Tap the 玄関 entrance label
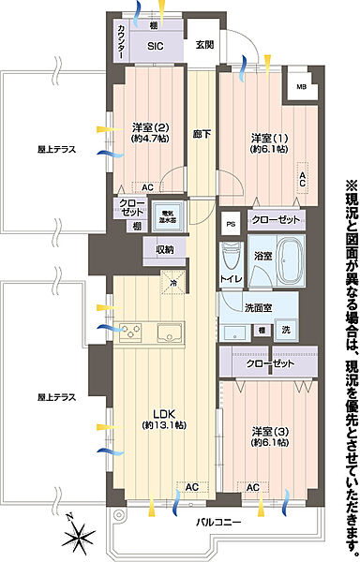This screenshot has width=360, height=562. (204, 44)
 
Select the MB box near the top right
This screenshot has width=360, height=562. (301, 88)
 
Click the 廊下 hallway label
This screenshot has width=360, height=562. (201, 134)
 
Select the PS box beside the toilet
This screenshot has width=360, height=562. (231, 222)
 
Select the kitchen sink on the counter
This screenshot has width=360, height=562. (171, 333)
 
